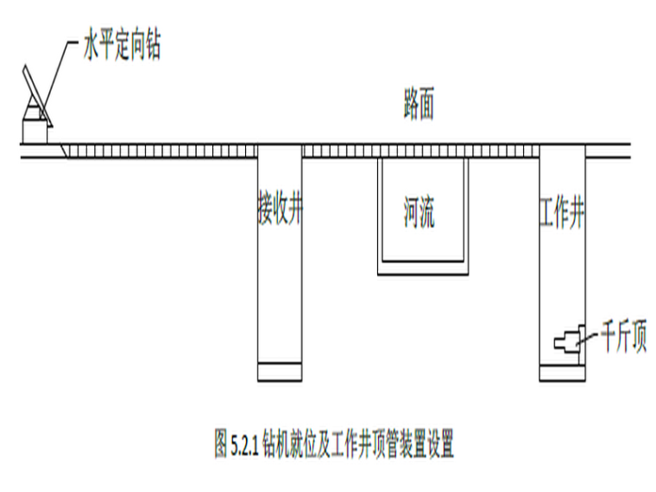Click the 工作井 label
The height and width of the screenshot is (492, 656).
[x=562, y=212]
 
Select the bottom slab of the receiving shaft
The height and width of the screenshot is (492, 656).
[x=280, y=372]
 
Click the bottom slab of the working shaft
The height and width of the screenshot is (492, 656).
[x=562, y=373]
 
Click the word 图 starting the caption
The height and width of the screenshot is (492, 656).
[x=221, y=447]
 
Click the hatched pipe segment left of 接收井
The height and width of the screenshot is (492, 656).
[x=164, y=152]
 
